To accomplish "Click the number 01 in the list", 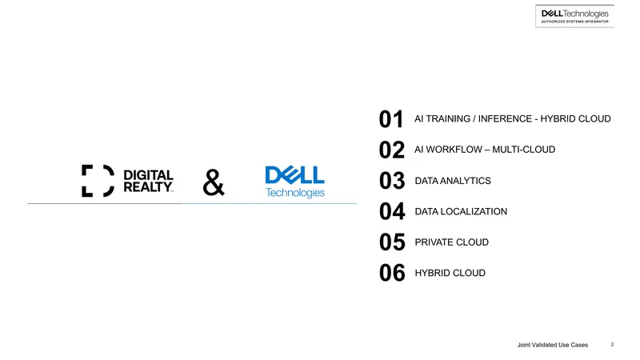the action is click(391, 119).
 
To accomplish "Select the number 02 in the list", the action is click(392, 150).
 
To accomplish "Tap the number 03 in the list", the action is click(392, 181).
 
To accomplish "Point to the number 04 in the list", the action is click(392, 211).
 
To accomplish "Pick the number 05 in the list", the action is click(392, 242).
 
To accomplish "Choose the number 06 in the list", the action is click(392, 273).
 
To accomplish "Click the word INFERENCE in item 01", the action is click(505, 118).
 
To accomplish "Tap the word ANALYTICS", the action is click(466, 181).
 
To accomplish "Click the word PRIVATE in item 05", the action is click(431, 242).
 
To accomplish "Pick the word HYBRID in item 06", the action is click(432, 273).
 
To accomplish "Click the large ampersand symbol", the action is click(214, 182).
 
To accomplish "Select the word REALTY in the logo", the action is click(148, 187).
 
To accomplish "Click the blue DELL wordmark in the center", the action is click(294, 175).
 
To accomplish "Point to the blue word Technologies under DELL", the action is click(295, 192).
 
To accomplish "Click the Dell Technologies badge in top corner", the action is click(574, 16).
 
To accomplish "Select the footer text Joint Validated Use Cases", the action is click(553, 345).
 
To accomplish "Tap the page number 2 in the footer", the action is click(612, 345).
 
